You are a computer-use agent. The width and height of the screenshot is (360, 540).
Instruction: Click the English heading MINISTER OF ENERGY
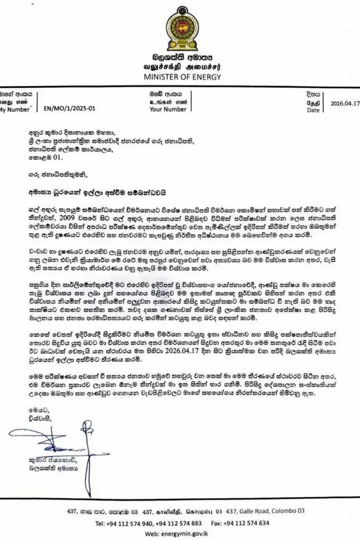pyautogui.click(x=179, y=78)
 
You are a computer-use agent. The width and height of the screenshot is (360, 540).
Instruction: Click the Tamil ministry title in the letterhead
pyautogui.click(x=179, y=67)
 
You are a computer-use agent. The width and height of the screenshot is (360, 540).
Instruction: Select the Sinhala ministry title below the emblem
pyautogui.click(x=179, y=57)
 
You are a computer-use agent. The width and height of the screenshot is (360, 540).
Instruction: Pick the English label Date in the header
pyautogui.click(x=313, y=111)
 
